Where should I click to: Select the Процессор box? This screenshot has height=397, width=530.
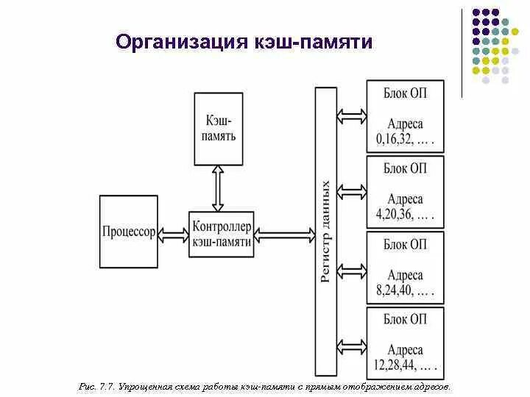pyautogui.click(x=130, y=232)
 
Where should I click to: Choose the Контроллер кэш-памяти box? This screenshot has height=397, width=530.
pyautogui.click(x=222, y=233)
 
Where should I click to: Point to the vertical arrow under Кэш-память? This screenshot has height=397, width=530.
pyautogui.click(x=217, y=189)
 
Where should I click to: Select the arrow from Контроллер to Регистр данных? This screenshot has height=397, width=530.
pyautogui.click(x=284, y=233)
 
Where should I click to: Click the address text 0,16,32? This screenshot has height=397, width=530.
pyautogui.click(x=404, y=137)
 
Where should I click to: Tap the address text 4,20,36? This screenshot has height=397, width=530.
pyautogui.click(x=404, y=215)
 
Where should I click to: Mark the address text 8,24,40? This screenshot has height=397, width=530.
pyautogui.click(x=404, y=290)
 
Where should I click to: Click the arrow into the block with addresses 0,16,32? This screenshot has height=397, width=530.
pyautogui.click(x=351, y=115)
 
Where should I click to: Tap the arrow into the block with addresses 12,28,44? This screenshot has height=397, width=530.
pyautogui.click(x=351, y=343)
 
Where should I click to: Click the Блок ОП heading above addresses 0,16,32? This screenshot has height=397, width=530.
pyautogui.click(x=405, y=93)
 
